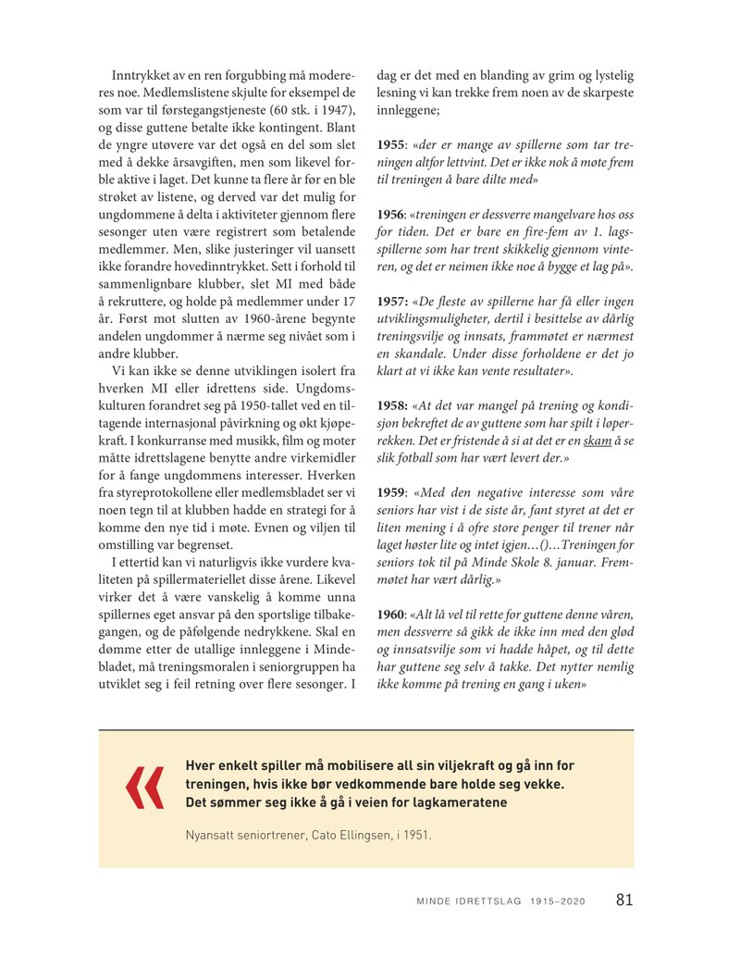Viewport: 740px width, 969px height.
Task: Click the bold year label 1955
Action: point(394,146)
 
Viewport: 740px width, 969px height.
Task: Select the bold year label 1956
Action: point(394,215)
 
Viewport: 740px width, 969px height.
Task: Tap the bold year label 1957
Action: point(395,302)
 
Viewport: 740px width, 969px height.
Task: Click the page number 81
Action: point(624,901)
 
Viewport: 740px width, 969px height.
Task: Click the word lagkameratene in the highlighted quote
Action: point(462,802)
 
